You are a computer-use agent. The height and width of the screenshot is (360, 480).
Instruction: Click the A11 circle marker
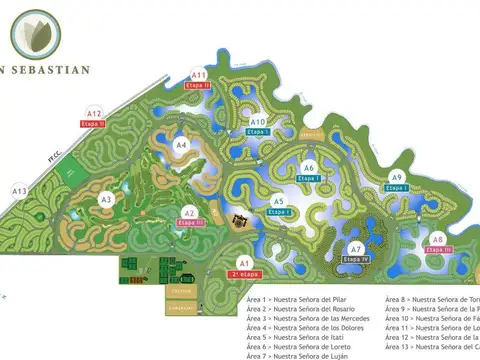199,75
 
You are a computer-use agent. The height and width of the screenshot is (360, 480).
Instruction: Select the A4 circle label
181,145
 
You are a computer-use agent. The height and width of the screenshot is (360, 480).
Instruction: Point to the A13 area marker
19,190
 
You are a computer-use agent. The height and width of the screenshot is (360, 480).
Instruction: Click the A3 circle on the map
106,199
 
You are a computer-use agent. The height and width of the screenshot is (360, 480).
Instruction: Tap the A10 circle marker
258,122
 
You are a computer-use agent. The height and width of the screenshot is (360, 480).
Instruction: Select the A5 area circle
279,202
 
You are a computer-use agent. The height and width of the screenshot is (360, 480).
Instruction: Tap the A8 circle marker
437,239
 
